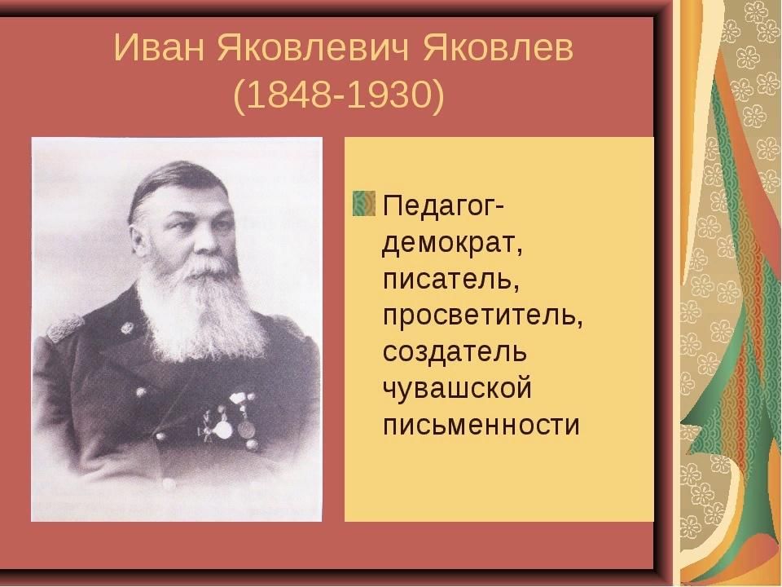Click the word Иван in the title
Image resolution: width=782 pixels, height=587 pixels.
coord(159,48)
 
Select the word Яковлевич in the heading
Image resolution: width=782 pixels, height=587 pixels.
coord(314,48)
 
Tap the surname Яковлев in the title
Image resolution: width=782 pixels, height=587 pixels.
coord(499,48)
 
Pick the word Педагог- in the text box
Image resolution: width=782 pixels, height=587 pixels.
coord(444,205)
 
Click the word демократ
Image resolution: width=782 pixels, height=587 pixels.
coord(452,244)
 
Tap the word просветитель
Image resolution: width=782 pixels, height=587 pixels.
coord(483,316)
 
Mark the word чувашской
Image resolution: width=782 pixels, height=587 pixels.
coord(457,388)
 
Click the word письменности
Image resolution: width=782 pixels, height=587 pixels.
coord(481,425)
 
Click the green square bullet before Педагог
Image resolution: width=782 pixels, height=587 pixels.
coord(364,203)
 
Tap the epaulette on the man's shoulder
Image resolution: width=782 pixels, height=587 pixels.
coord(65,327)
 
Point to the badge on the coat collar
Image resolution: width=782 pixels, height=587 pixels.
coord(128,328)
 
